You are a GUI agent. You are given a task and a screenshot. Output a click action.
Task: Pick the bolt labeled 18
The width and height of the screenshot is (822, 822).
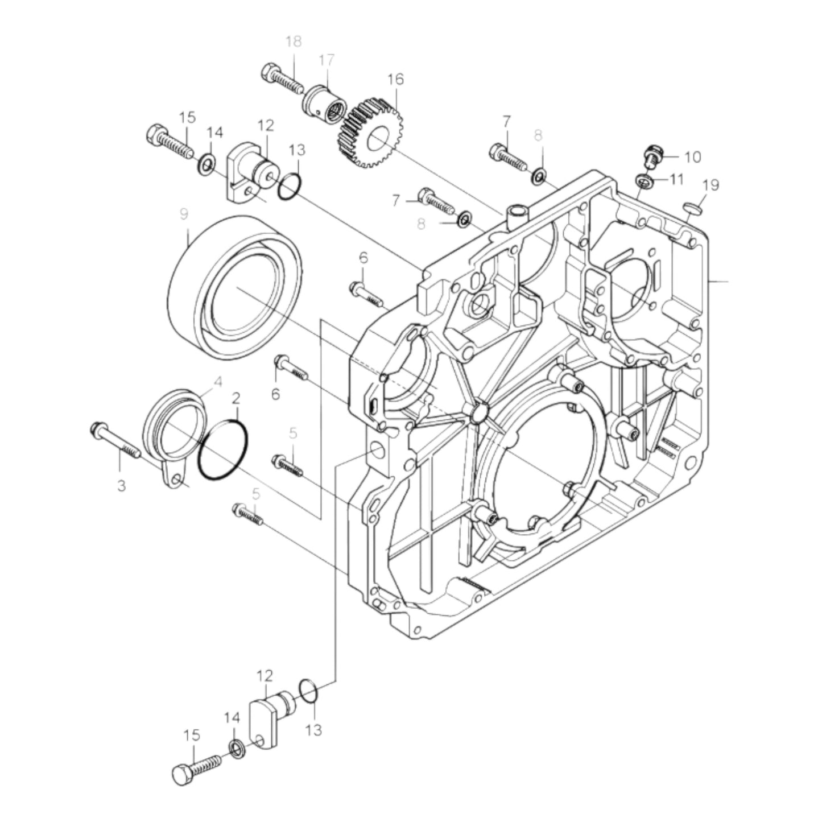click(x=282, y=80)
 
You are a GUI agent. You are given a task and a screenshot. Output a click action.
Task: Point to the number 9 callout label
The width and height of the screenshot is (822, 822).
click(x=184, y=214)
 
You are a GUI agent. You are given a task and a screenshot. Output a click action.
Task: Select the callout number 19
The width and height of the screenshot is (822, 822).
click(x=711, y=185)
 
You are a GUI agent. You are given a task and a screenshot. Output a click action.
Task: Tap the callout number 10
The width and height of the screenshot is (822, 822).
click(x=692, y=156)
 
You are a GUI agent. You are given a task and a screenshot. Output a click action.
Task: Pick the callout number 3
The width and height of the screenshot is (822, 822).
click(x=121, y=486)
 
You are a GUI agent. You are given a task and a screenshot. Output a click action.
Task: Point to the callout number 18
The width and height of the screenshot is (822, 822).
click(x=294, y=42)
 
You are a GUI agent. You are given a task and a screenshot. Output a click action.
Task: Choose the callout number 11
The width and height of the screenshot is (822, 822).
click(x=676, y=180)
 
